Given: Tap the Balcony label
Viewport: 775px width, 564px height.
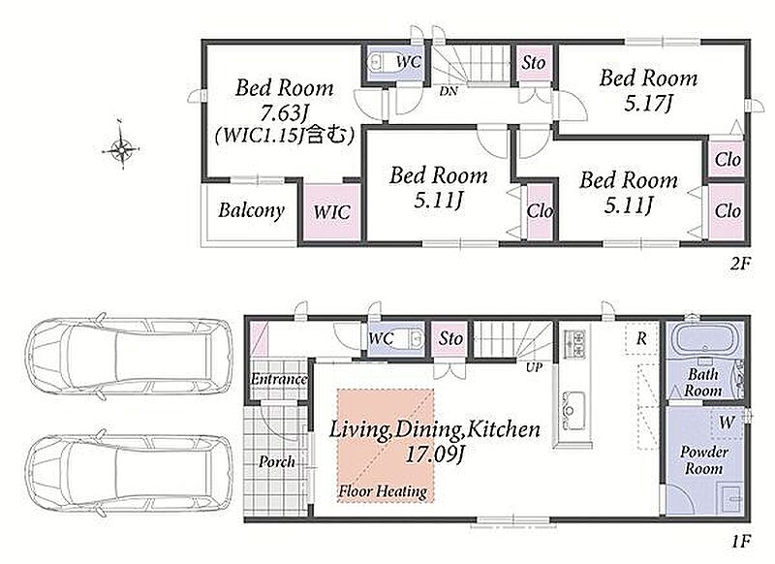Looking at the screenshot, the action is pyautogui.click(x=251, y=210).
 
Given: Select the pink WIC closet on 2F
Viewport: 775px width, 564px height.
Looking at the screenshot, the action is pyautogui.click(x=331, y=212).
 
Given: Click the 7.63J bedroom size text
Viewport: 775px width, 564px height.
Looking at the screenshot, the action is pyautogui.click(x=285, y=113).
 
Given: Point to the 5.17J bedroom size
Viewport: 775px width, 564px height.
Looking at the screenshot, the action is pyautogui.click(x=648, y=104).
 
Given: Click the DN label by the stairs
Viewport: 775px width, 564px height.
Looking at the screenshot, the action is pyautogui.click(x=449, y=91).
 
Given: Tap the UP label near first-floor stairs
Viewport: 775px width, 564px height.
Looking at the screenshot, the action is pyautogui.click(x=534, y=367).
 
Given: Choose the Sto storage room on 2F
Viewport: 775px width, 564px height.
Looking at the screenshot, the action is pyautogui.click(x=534, y=63).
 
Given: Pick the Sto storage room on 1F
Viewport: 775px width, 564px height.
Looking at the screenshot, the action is pyautogui.click(x=450, y=339).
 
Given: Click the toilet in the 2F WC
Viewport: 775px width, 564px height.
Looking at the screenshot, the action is pyautogui.click(x=381, y=61).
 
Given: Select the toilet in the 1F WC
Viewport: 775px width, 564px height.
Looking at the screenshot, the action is pyautogui.click(x=413, y=338).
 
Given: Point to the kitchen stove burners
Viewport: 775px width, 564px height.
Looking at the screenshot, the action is pyautogui.click(x=574, y=345).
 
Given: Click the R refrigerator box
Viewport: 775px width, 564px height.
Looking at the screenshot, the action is pyautogui.click(x=641, y=338).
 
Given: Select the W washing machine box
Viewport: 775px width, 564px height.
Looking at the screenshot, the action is pyautogui.click(x=727, y=423).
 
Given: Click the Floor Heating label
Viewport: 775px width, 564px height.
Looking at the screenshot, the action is pyautogui.click(x=383, y=491).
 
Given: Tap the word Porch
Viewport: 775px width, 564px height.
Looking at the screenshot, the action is pyautogui.click(x=277, y=462).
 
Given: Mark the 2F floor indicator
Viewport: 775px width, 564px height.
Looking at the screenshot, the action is pyautogui.click(x=740, y=264).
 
